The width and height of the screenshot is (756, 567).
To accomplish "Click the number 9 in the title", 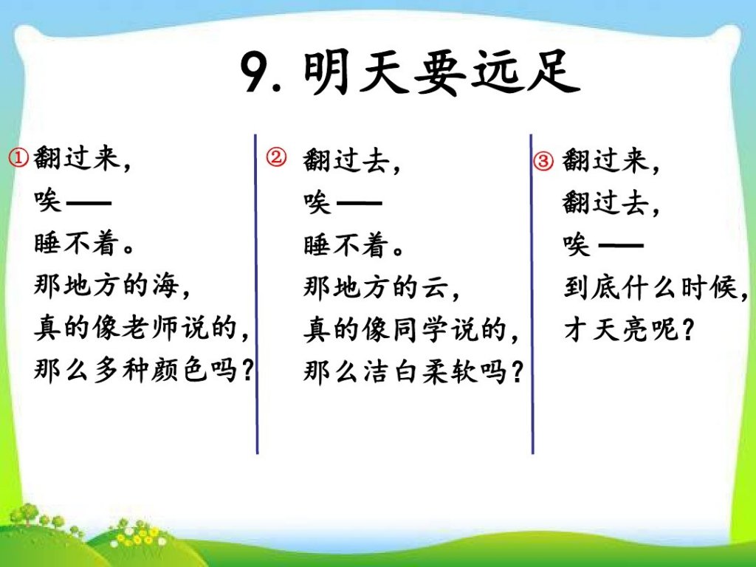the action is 255,72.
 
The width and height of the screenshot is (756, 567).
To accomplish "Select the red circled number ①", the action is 18,158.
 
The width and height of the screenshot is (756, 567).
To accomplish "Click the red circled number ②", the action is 276,158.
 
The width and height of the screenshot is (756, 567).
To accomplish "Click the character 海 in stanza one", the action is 165,285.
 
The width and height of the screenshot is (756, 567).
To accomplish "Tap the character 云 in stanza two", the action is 435,287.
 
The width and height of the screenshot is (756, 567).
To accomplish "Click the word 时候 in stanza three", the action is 709,288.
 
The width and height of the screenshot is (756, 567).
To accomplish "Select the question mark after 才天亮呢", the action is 687,331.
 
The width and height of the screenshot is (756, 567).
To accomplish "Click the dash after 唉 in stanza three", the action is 620,246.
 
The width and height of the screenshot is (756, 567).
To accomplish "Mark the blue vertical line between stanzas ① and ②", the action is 256,294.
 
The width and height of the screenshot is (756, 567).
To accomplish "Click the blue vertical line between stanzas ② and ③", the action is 532,294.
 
